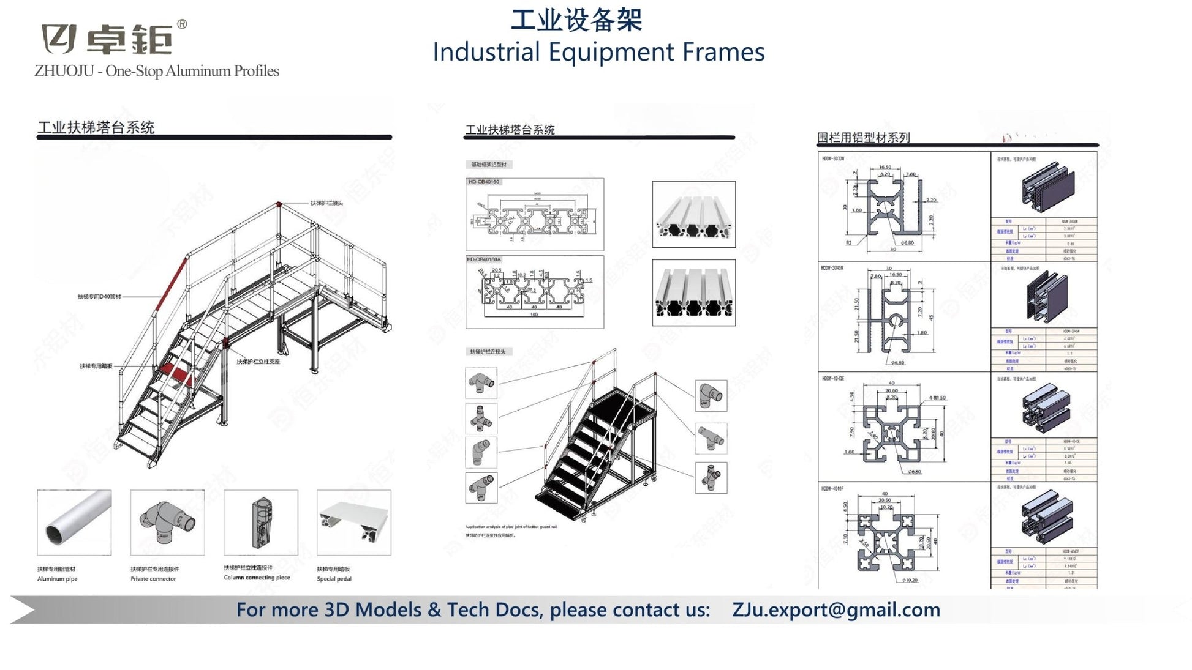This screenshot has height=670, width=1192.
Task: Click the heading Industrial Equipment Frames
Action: tap(598, 52)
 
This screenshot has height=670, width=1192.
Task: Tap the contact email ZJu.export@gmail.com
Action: tap(836, 609)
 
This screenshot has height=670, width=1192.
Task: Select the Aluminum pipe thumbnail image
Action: tap(74, 522)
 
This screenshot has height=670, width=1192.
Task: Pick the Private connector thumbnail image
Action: tap(167, 522)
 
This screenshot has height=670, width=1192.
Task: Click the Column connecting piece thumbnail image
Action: tap(261, 522)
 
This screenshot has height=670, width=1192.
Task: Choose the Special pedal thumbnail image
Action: tap(353, 522)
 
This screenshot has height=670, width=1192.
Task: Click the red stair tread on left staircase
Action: tap(175, 372)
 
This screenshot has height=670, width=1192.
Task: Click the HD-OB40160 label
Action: tap(484, 182)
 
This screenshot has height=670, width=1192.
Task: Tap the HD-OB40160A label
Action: tap(484, 259)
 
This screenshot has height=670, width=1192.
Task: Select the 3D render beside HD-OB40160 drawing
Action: tap(693, 214)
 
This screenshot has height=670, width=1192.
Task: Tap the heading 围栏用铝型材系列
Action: tap(863, 138)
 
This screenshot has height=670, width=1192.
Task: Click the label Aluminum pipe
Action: tap(58, 579)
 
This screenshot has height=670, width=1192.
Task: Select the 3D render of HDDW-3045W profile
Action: tap(1045, 297)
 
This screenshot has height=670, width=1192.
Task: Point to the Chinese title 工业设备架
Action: tap(576, 20)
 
